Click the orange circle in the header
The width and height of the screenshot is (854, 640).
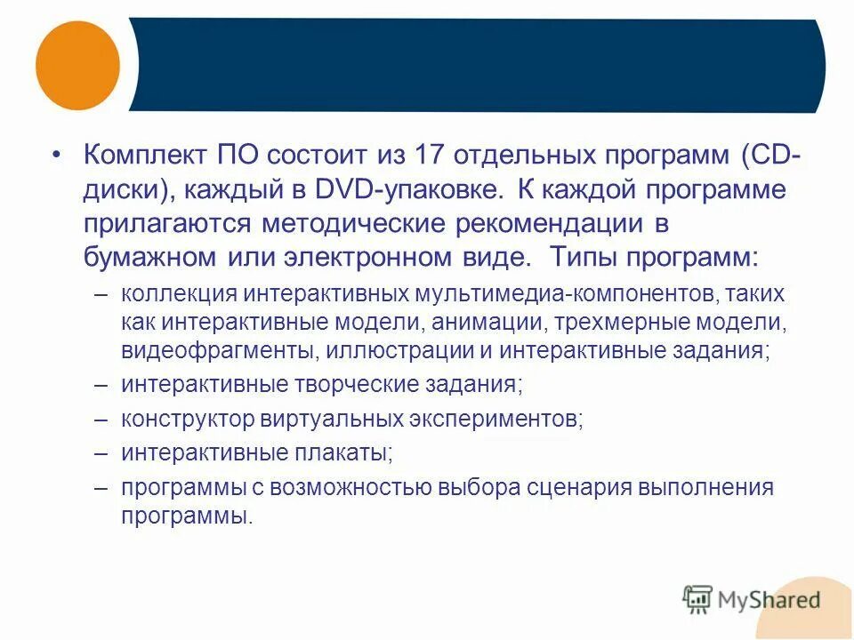click(77, 65)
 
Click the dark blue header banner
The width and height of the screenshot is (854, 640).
click(480, 65)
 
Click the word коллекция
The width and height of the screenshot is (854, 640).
click(179, 293)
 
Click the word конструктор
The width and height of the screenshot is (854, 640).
click(188, 419)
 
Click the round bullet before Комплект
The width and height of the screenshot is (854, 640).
click(57, 156)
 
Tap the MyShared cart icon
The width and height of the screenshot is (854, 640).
click(698, 599)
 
